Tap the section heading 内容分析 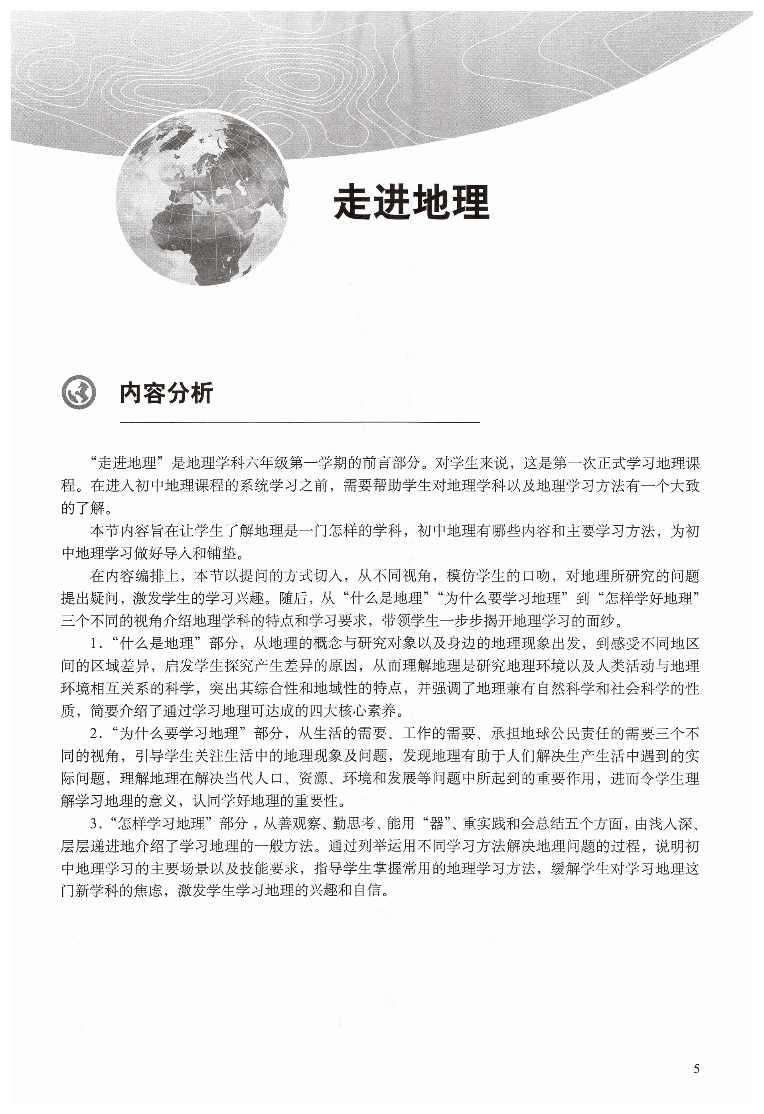tap(166, 393)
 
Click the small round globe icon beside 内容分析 tap(78, 392)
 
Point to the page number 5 tap(696, 1069)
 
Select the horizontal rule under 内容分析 tap(300, 422)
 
